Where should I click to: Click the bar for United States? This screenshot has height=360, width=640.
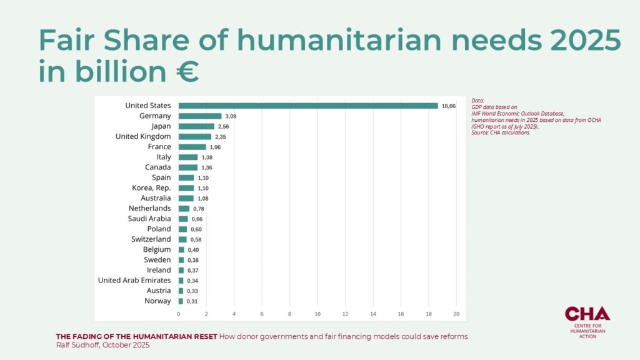(x=308, y=106)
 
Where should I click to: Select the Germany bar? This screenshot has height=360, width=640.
(x=200, y=116)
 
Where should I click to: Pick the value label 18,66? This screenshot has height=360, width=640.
(x=449, y=106)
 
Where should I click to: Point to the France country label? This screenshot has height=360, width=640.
(x=159, y=147)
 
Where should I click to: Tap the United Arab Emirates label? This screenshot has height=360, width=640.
(x=134, y=280)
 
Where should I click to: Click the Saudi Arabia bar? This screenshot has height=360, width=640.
(x=183, y=219)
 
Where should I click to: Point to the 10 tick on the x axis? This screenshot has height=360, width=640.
(x=317, y=314)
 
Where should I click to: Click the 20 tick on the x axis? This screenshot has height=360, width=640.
(x=456, y=314)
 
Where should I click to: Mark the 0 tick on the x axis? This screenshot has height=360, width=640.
(x=179, y=314)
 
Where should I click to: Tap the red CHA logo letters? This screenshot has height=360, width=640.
(x=587, y=314)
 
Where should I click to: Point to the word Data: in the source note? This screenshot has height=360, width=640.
(x=478, y=100)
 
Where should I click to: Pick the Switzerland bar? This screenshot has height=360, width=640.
(x=182, y=239)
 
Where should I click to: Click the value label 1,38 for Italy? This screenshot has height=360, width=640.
(x=207, y=157)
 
